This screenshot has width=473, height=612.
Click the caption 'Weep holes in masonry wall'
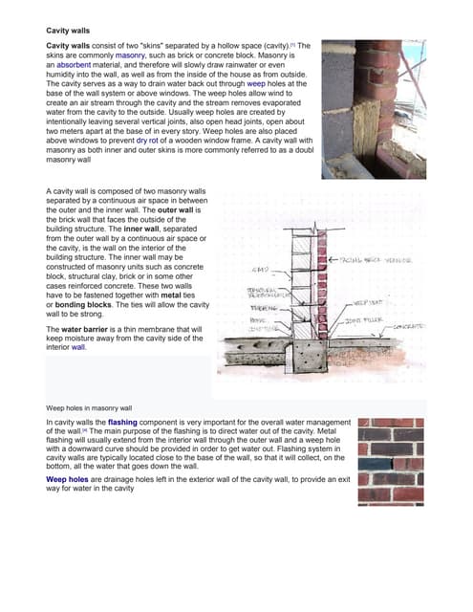[x=88, y=407]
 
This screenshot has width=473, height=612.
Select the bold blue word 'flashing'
[x=131, y=422]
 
